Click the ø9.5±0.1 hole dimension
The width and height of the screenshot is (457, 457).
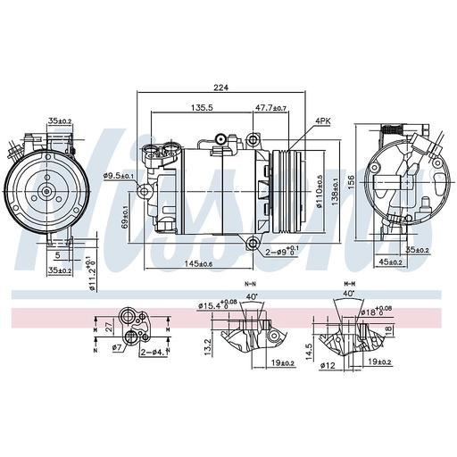point(119,175)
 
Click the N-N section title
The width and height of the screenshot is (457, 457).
point(251,283)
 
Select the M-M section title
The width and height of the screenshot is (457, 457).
point(347,283)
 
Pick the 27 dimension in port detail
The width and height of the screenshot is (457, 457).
point(108,327)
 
